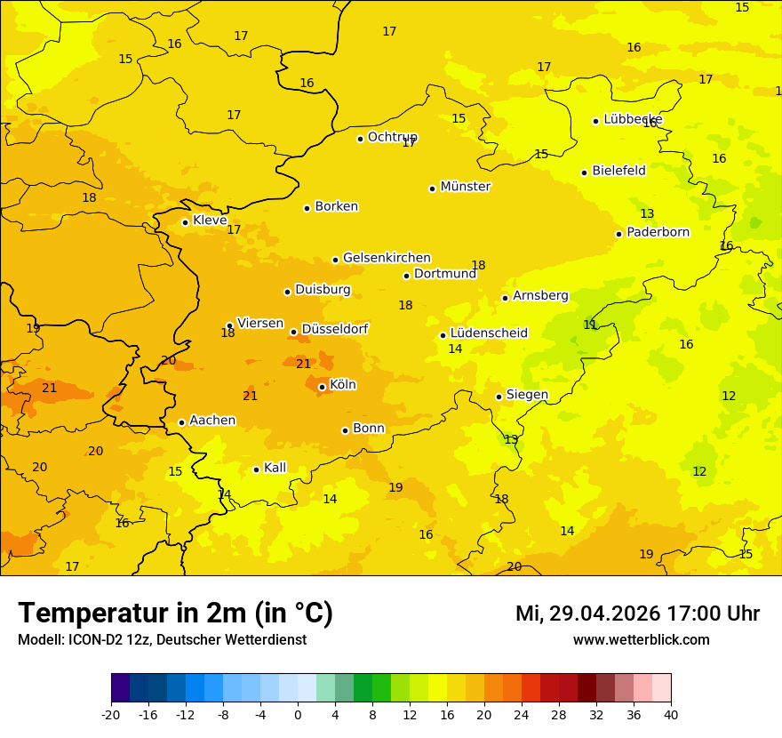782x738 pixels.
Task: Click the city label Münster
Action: [465, 187]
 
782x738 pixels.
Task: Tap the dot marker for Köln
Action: [322, 387]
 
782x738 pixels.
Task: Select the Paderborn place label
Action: [658, 232]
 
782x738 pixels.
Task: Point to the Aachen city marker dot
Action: [181, 422]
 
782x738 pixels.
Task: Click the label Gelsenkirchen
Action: [387, 258]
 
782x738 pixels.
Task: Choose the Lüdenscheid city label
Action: [489, 333]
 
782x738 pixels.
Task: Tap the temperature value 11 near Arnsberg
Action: [590, 325]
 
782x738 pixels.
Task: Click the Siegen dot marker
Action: [499, 397]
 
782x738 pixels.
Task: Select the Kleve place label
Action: [210, 221]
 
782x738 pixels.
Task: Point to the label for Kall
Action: [275, 468]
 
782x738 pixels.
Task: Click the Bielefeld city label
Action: [618, 171]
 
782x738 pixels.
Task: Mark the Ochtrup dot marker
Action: [360, 138]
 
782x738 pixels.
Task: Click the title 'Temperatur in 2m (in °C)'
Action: [175, 614]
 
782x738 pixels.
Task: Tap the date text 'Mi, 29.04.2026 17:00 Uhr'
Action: [637, 614]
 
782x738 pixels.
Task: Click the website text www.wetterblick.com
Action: [641, 640]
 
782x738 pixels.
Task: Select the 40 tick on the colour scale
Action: [670, 714]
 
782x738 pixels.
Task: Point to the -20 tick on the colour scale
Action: [111, 714]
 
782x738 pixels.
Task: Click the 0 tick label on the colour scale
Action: [298, 714]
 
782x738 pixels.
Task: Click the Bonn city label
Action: [369, 429]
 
